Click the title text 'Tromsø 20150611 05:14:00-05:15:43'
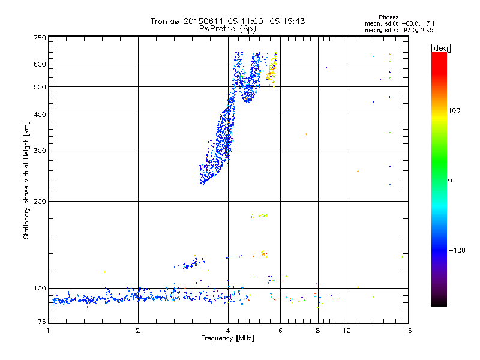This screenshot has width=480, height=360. [227, 21]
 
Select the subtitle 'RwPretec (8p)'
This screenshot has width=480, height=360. [227, 28]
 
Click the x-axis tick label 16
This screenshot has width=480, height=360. [407, 331]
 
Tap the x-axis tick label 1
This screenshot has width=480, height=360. [48, 331]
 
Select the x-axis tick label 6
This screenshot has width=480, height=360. [281, 331]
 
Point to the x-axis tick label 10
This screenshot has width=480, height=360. [347, 331]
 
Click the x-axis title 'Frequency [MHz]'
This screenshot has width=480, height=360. [227, 338]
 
